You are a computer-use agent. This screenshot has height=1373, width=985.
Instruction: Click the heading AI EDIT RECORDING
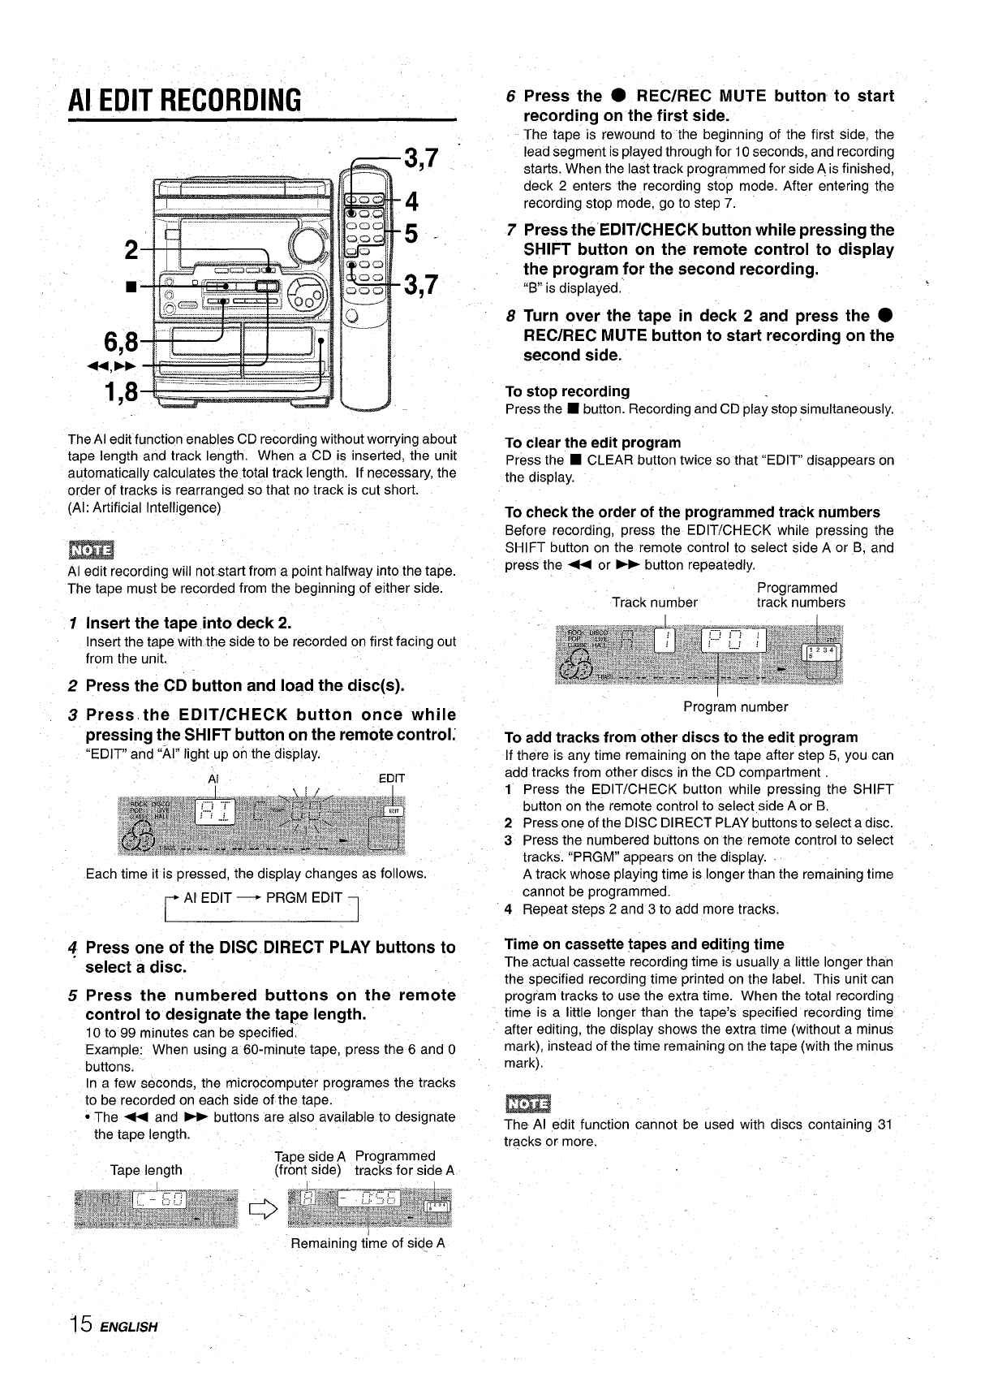click(184, 101)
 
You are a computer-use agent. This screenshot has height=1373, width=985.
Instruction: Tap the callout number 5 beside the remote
click(411, 234)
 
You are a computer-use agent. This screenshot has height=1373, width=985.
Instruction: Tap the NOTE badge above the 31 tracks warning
click(527, 1103)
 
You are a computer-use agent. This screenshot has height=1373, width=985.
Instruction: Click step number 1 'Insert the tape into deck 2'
click(74, 624)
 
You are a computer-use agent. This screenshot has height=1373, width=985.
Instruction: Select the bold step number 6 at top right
click(511, 97)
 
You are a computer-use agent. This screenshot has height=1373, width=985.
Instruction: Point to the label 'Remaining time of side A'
click(368, 1243)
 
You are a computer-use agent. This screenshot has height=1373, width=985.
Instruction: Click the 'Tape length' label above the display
click(146, 1170)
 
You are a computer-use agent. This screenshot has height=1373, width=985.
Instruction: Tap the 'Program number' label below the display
click(735, 706)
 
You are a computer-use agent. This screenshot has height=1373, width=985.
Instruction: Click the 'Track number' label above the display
click(654, 602)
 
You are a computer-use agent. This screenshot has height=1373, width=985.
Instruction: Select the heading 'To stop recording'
click(566, 391)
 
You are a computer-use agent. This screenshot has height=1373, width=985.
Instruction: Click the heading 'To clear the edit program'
click(592, 443)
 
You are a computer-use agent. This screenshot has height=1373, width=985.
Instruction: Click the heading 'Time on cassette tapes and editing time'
click(644, 944)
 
